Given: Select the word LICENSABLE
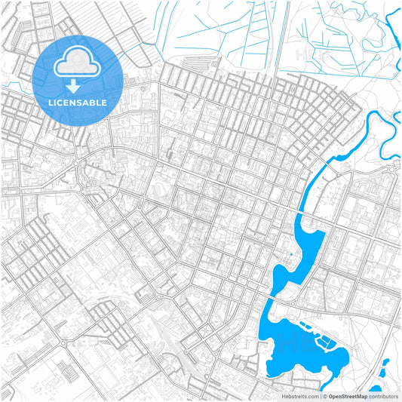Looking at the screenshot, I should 77,102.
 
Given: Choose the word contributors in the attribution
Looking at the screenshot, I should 384,395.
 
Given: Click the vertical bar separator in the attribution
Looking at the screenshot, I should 321,395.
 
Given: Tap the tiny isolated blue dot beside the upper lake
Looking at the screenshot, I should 290,255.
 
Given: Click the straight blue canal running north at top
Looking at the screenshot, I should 280,34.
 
